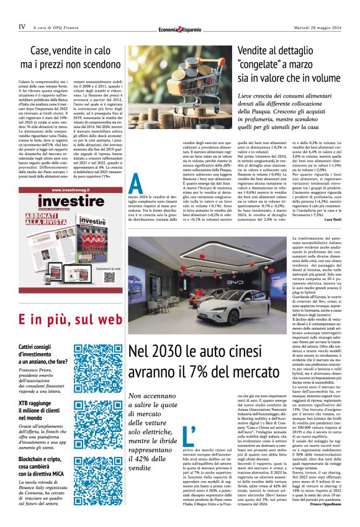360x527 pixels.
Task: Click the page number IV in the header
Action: pos(22,27)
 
